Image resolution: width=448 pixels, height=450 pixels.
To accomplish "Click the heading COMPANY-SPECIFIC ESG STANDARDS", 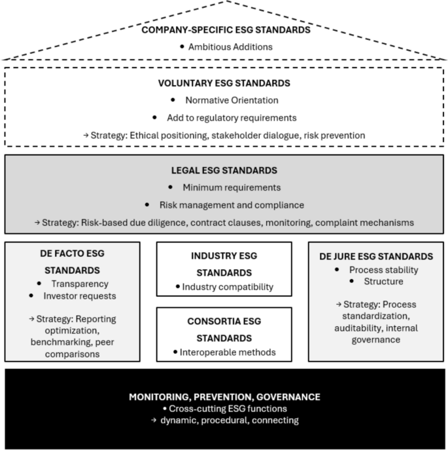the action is tap(226, 30).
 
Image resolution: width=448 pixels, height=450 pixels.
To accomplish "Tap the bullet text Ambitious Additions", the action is tap(230, 47).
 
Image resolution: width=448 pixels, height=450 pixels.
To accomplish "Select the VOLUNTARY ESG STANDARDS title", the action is tap(224, 83).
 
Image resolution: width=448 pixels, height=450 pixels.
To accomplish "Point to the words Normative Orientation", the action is tap(232, 100).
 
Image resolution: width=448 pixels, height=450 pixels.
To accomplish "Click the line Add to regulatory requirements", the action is tap(232, 118).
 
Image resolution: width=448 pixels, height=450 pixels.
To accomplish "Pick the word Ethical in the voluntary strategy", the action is tap(144, 136).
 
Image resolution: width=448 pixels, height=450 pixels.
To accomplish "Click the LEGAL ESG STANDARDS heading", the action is tap(224, 170).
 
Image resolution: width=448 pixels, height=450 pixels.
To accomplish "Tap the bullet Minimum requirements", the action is tap(232, 187).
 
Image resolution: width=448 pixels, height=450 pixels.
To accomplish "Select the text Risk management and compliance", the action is tap(232, 205).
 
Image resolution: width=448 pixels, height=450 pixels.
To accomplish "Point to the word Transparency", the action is tap(80, 284).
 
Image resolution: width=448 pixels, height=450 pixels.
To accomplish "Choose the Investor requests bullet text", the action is tap(80, 296).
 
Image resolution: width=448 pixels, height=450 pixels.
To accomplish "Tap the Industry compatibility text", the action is tap(228, 287).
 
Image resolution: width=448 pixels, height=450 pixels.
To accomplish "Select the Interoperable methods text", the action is tap(228, 352).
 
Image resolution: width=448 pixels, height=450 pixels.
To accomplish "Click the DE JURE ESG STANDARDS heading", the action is tap(376, 256).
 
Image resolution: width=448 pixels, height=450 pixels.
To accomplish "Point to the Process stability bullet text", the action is tap(383, 270).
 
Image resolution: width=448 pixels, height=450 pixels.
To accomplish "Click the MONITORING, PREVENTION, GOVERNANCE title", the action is tap(224, 397).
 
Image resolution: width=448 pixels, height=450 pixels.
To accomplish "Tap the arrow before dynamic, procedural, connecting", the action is tap(154, 420).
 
